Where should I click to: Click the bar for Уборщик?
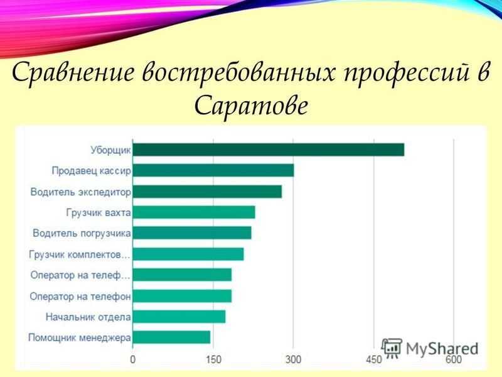(269, 150)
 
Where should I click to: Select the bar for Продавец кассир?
(213, 170)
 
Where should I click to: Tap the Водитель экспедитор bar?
(207, 192)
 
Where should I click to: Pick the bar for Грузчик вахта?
(194, 212)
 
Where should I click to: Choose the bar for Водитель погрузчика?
(192, 233)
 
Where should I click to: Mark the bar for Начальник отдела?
(179, 317)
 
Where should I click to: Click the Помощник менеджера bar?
(171, 337)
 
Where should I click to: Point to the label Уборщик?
(111, 150)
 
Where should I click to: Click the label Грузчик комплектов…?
(80, 254)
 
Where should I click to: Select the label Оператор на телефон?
(80, 297)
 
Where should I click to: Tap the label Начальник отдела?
(88, 317)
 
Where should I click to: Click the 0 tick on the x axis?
(133, 359)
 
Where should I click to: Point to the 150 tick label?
(213, 359)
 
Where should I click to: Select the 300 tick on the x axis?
(293, 359)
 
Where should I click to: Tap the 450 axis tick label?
(374, 359)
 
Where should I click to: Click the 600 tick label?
(454, 359)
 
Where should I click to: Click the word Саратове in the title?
(250, 105)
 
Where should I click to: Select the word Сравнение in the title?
(73, 72)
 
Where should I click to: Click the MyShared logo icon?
(392, 348)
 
